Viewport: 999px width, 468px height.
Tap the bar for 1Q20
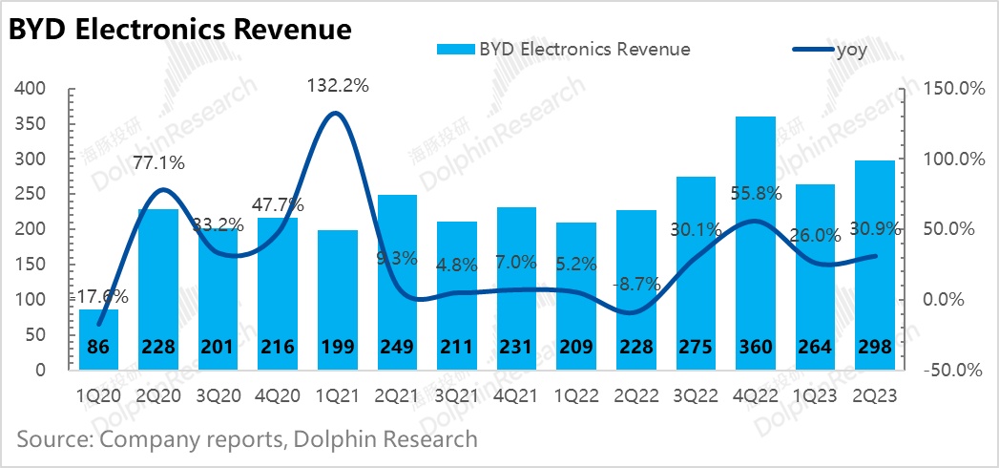(106, 339)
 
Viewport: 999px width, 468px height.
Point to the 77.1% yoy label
(159, 163)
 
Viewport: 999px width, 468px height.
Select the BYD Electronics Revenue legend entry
(563, 50)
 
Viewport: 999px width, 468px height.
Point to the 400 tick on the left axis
(32, 89)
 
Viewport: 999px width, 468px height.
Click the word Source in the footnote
(52, 439)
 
